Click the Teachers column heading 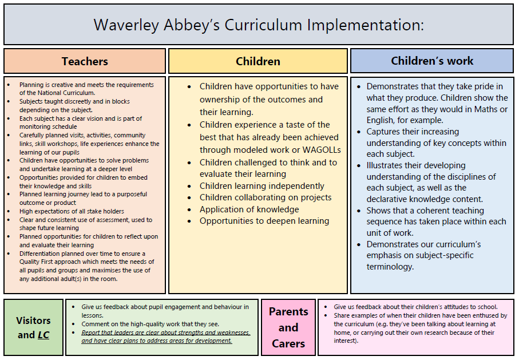(85, 61)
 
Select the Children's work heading (432, 61)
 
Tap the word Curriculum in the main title (263, 25)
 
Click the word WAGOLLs (322, 150)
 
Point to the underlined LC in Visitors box (43, 335)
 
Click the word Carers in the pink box (288, 344)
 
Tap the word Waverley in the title (126, 25)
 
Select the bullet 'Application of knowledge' (249, 209)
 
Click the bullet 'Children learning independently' (262, 186)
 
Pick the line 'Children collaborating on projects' (266, 197)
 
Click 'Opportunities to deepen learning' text (264, 221)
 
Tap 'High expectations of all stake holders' (72, 211)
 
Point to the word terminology (390, 267)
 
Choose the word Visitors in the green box (33, 321)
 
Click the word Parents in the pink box (288, 312)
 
